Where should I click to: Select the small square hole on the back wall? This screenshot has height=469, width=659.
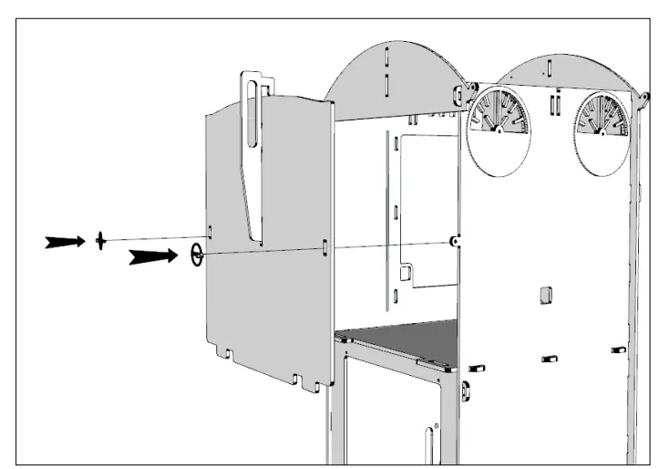point(544,293)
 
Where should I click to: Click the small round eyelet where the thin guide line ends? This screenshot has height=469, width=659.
point(453,241)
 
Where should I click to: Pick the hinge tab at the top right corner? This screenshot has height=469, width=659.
point(643,96)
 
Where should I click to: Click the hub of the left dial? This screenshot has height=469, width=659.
point(499,130)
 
